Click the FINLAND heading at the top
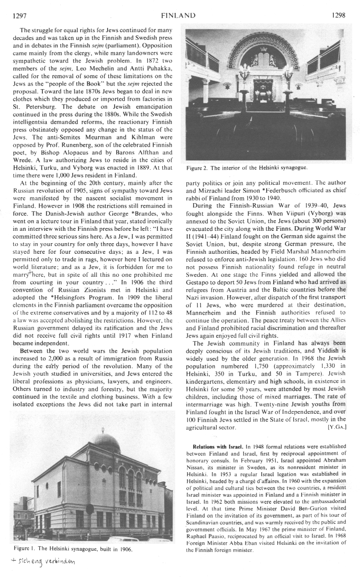[178, 16]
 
